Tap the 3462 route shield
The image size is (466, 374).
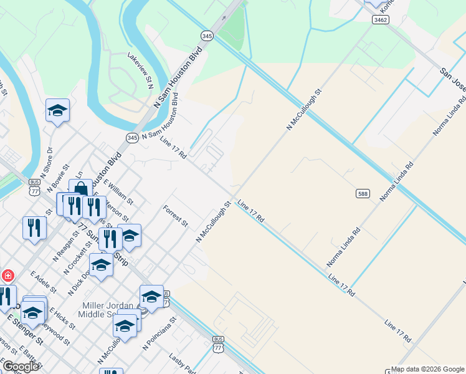click(381, 20)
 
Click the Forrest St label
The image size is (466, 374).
click(176, 214)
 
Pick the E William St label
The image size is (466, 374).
click(118, 192)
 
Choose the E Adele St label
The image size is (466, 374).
click(43, 282)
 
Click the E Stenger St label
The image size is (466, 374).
click(25, 330)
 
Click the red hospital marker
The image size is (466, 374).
click(8, 275)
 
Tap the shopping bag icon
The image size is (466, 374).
click(80, 189)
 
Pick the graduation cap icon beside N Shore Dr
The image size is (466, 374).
click(57, 111)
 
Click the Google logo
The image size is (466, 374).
click(20, 367)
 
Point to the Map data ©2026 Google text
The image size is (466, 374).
click(427, 369)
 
